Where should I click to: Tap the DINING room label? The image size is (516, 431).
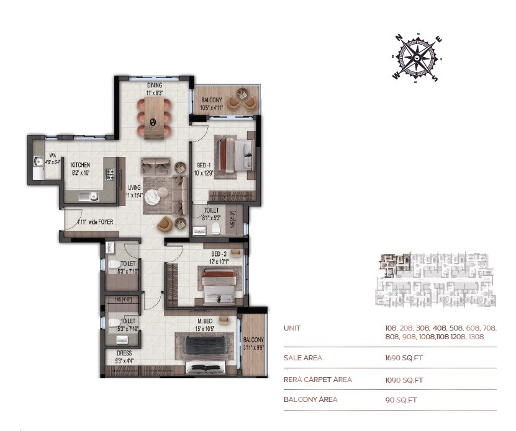pyautogui.click(x=155, y=85)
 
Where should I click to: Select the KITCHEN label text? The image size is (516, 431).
pyautogui.click(x=81, y=165)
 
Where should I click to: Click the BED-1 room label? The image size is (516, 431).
pyautogui.click(x=202, y=166)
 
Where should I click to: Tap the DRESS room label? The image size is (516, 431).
pyautogui.click(x=123, y=353)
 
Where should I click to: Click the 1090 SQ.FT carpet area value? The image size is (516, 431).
pyautogui.click(x=404, y=380)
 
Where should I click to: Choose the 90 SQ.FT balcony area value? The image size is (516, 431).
pyautogui.click(x=401, y=400)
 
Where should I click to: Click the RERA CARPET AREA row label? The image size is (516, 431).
pyautogui.click(x=317, y=380)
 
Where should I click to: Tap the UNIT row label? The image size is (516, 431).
pyautogui.click(x=292, y=328)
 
